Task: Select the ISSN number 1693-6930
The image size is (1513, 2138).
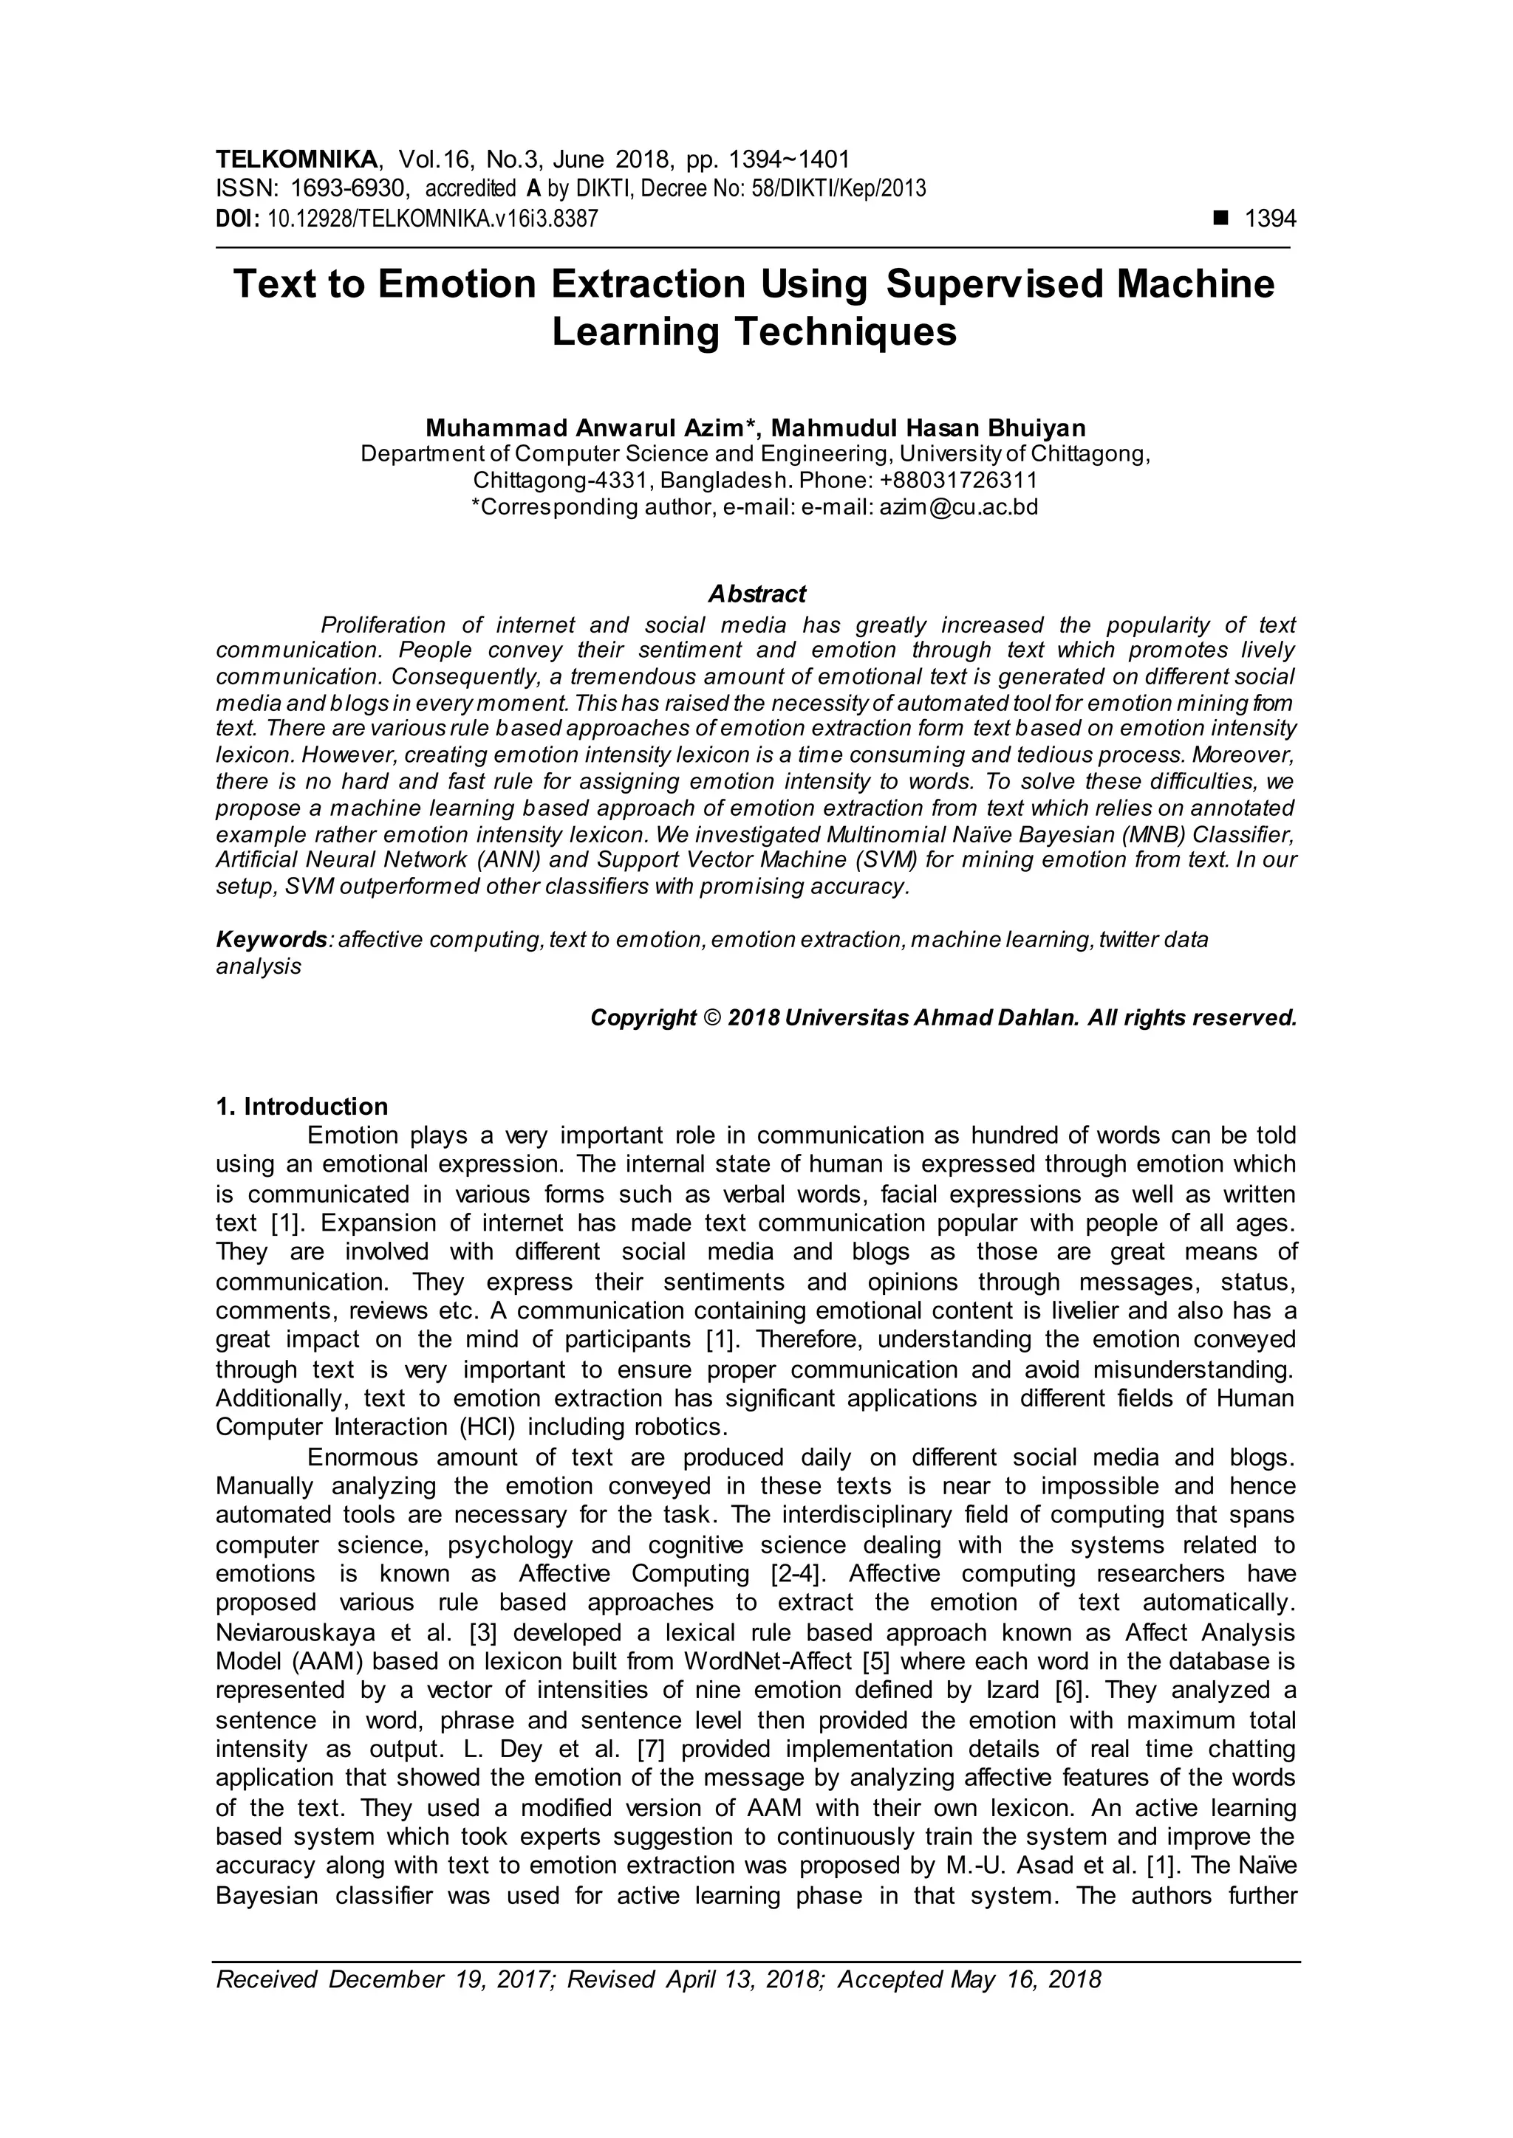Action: [349, 189]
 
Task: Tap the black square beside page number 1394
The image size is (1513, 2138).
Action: [1220, 218]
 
